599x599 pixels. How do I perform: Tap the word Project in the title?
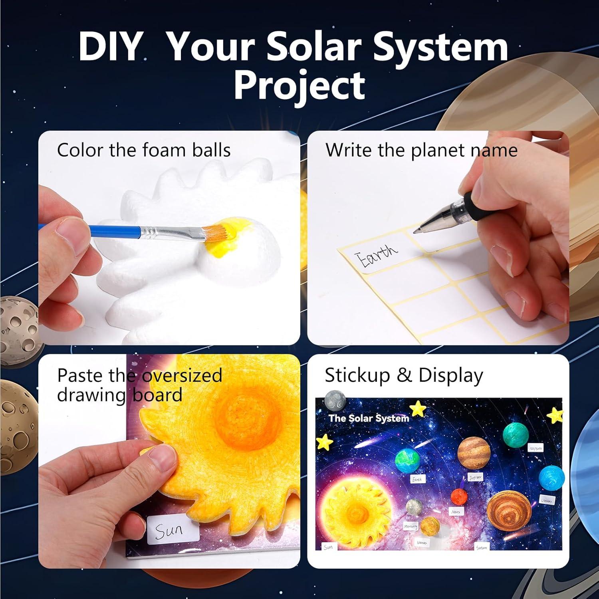coord(299,85)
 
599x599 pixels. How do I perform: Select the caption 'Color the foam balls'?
coord(144,151)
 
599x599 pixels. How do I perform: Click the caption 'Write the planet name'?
coord(421,151)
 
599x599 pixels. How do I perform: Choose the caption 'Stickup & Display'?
coord(404,375)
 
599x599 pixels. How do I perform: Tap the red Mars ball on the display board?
coord(459,497)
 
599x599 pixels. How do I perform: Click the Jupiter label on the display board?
coord(475,477)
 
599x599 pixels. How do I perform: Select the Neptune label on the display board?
coord(536,448)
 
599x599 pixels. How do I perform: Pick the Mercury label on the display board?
coord(411,526)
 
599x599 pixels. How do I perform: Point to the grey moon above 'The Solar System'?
coord(335,401)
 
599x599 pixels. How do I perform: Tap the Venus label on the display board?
coord(422,542)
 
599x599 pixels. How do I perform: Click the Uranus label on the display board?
coord(546,500)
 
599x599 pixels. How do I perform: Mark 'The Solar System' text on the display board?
coord(369,418)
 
